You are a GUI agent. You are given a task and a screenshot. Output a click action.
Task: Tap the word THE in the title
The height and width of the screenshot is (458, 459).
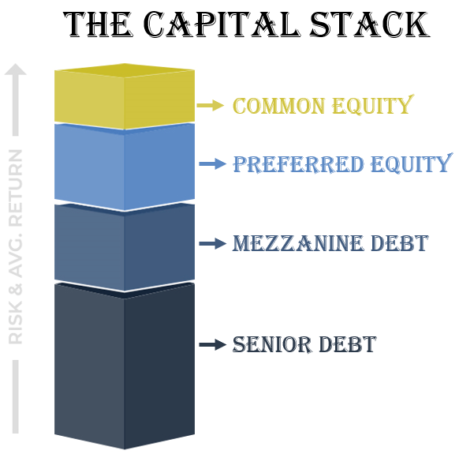tap(103, 26)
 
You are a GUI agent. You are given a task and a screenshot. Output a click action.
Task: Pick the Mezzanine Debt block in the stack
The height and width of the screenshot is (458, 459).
tap(125, 245)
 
